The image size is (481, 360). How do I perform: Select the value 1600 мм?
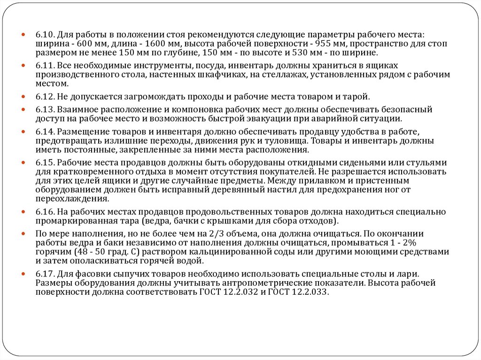point(161,44)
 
